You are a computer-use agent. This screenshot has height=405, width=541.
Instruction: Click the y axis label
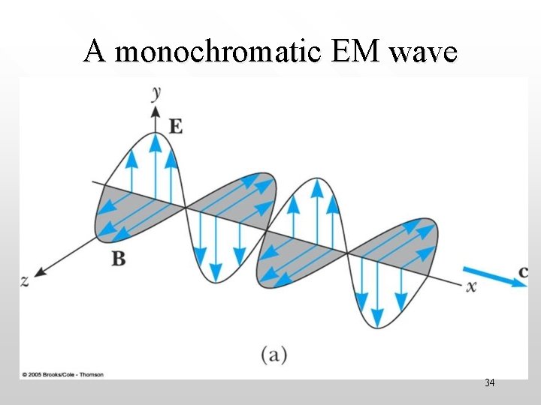coord(157,92)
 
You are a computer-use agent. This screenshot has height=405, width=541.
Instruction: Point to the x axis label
coord(472,286)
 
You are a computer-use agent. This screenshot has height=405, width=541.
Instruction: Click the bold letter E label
coord(175,127)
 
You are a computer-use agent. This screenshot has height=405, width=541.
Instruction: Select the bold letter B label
coord(119,259)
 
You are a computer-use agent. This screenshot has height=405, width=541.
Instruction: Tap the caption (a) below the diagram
coord(274,353)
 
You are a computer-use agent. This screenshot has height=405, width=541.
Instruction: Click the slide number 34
coord(489,383)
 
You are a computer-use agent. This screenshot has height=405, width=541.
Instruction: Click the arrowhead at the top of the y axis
coord(156,112)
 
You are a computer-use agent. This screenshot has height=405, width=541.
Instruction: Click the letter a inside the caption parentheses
coord(274,354)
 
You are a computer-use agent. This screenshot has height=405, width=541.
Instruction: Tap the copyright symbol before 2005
coord(25,373)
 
